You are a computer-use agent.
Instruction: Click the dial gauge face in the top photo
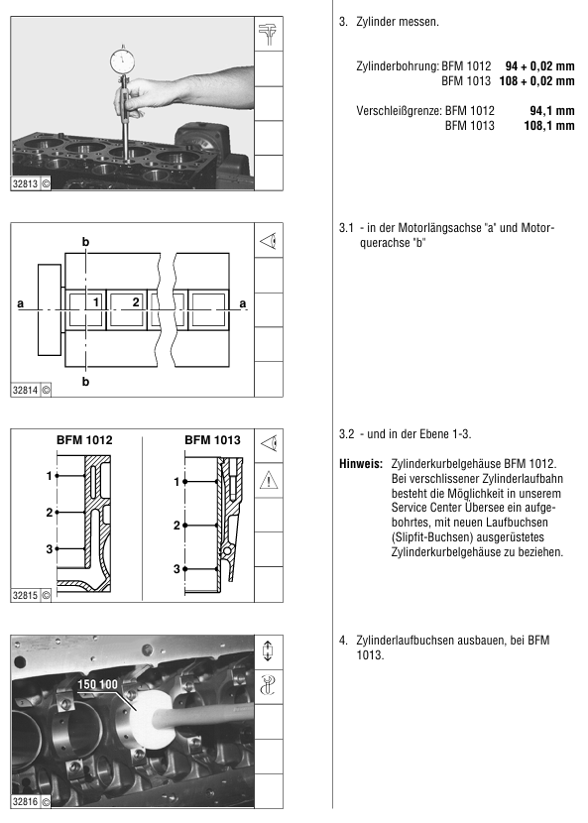point(123,61)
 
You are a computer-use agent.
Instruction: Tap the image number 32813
point(25,183)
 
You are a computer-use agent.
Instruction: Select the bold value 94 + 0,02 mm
point(539,66)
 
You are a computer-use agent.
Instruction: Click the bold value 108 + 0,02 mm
point(536,81)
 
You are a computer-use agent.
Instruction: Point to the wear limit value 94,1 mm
point(551,111)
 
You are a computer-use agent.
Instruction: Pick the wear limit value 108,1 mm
point(549,126)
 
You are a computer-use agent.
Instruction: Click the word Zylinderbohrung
point(398,66)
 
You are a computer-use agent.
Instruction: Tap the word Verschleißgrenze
point(399,111)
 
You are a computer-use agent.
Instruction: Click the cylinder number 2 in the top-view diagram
point(136,301)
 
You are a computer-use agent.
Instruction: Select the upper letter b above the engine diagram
point(85,242)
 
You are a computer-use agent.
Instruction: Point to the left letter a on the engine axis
point(21,303)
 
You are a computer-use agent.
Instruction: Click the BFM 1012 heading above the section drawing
point(84,440)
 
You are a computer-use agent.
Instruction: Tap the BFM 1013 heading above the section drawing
point(212,440)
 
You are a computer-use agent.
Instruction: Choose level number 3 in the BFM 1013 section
point(176,569)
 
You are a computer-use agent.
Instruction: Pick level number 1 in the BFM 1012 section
point(50,476)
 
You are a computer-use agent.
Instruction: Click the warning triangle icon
point(269,480)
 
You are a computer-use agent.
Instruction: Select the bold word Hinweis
point(361,464)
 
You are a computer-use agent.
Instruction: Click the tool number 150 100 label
point(97,684)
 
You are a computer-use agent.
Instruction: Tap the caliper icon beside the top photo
point(269,34)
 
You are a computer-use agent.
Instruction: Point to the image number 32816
point(25,801)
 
